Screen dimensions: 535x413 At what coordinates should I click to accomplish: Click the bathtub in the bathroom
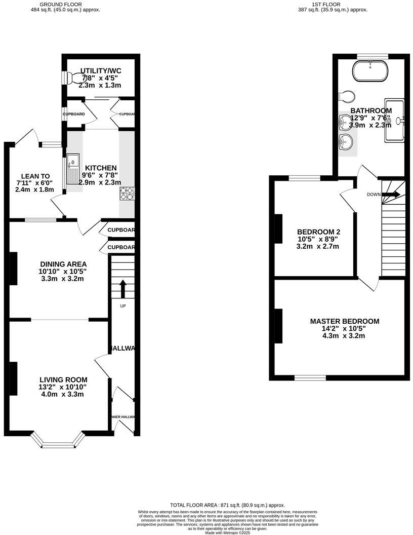370,71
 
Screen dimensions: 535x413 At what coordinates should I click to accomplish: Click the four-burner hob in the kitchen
127,193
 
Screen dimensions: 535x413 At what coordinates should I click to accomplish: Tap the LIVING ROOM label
64,379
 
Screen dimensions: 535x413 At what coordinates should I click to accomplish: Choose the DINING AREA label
63,264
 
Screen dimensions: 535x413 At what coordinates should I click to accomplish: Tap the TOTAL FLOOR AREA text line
227,505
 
